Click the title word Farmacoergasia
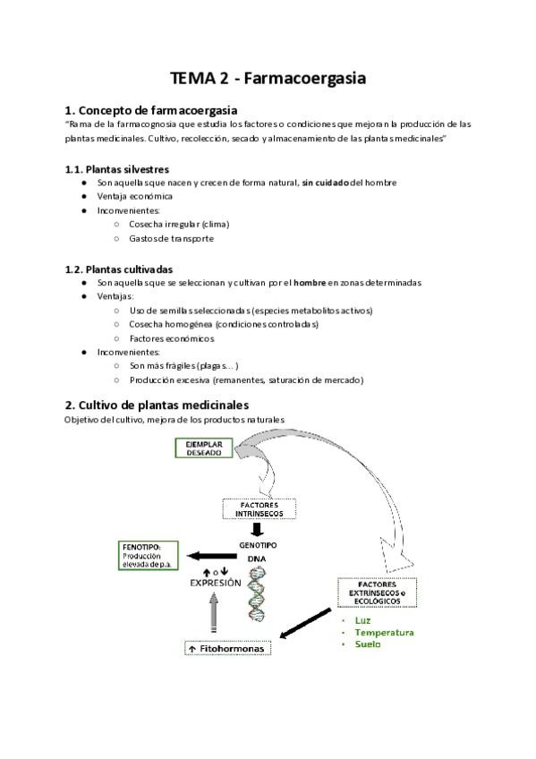305,79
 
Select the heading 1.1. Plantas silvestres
117,169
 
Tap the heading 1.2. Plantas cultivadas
119,269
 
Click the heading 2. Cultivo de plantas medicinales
157,405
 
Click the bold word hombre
310,283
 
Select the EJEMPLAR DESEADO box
204,448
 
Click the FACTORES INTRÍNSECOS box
259,509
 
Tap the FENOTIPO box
148,556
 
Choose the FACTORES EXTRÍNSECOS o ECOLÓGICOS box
377,593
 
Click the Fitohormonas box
228,649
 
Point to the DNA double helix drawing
257,595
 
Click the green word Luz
362,620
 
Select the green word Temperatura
384,633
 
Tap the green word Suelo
368,644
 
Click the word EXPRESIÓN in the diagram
216,583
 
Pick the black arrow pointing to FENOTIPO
212,556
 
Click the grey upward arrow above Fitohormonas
213,612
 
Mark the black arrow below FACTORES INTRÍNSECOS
259,529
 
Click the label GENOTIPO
258,545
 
